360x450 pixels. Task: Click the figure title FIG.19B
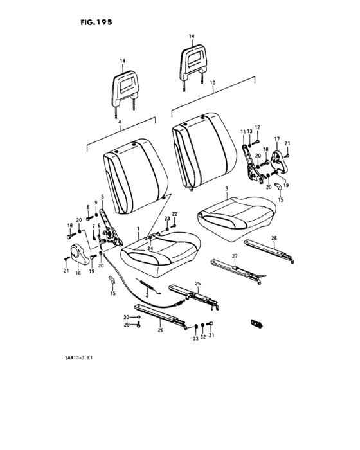(96, 22)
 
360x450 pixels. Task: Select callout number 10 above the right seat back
(212, 83)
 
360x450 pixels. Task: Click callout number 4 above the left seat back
(120, 122)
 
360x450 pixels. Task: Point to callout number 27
(235, 256)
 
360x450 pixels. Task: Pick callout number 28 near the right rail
(274, 238)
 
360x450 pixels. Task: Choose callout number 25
(198, 283)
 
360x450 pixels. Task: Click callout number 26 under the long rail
(161, 330)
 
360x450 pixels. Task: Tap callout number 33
(195, 339)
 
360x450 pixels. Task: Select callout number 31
(212, 335)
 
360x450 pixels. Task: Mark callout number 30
(126, 317)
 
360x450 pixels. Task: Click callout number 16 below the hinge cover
(78, 273)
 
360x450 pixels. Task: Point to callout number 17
(276, 139)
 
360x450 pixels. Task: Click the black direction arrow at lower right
(256, 324)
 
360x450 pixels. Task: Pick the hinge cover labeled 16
(79, 254)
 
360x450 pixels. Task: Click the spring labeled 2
(148, 287)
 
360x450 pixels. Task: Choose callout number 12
(257, 127)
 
